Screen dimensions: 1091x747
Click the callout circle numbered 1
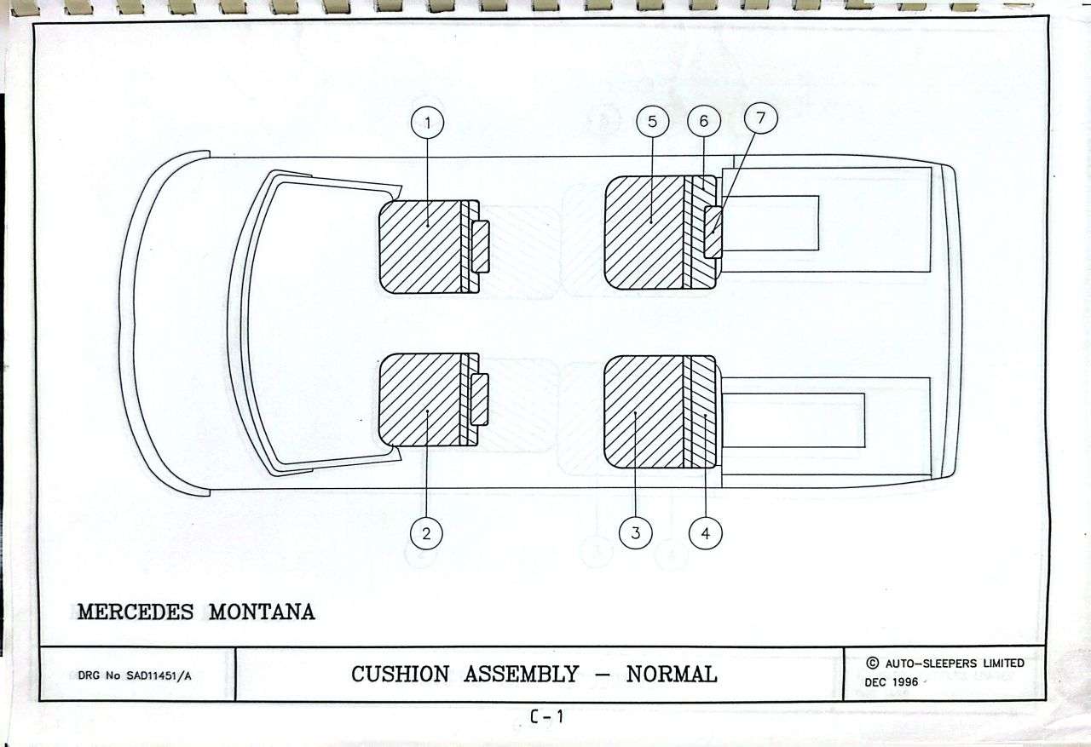click(x=427, y=124)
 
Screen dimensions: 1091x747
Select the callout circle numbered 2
click(x=426, y=533)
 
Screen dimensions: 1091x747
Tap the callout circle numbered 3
click(x=635, y=533)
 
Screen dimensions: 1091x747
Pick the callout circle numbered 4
click(x=705, y=533)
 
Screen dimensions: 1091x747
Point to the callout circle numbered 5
click(x=653, y=122)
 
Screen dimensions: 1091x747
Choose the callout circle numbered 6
click(x=704, y=121)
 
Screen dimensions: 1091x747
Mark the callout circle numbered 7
click(x=761, y=118)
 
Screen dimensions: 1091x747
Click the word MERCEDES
click(x=136, y=612)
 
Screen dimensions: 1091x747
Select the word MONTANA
click(x=262, y=612)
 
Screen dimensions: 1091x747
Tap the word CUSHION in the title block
click(x=400, y=675)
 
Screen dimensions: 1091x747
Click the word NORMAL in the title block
click(x=672, y=675)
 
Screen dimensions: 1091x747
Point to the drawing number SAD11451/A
click(x=159, y=676)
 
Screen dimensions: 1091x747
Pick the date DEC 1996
click(x=892, y=682)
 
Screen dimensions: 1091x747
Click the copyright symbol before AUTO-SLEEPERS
click(x=872, y=663)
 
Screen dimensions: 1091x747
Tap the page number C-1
click(x=547, y=716)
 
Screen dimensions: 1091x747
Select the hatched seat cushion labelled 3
click(x=644, y=411)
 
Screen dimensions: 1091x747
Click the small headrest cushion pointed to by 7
click(x=713, y=232)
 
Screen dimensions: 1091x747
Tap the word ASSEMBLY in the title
click(x=521, y=675)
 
